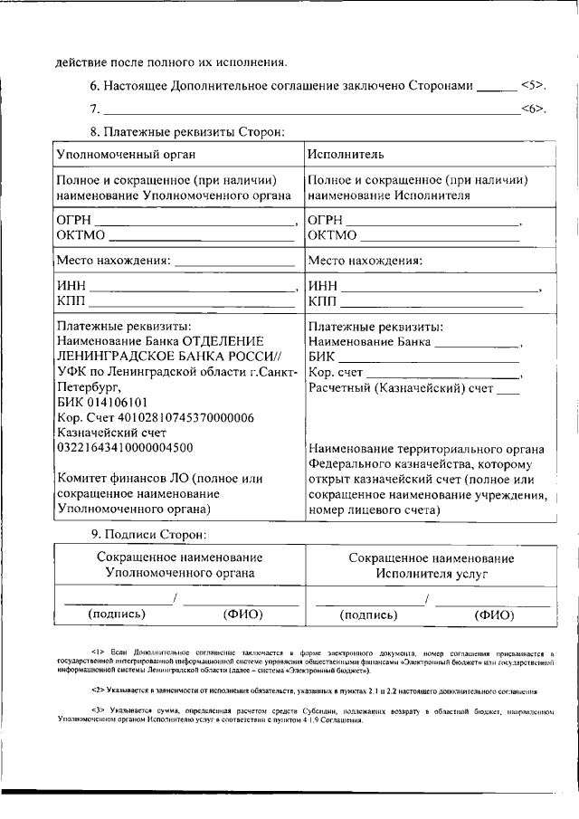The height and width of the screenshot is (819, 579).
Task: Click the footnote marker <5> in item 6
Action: pos(532,86)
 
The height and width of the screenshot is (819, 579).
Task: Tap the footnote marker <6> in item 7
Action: pos(532,110)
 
